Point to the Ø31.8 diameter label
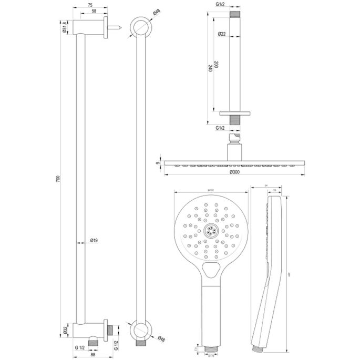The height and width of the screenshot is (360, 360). point(64,27)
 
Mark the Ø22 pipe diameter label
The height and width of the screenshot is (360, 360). point(222,35)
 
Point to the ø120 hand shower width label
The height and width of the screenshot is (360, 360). point(210,190)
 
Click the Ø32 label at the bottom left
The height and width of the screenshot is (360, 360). point(64,330)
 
